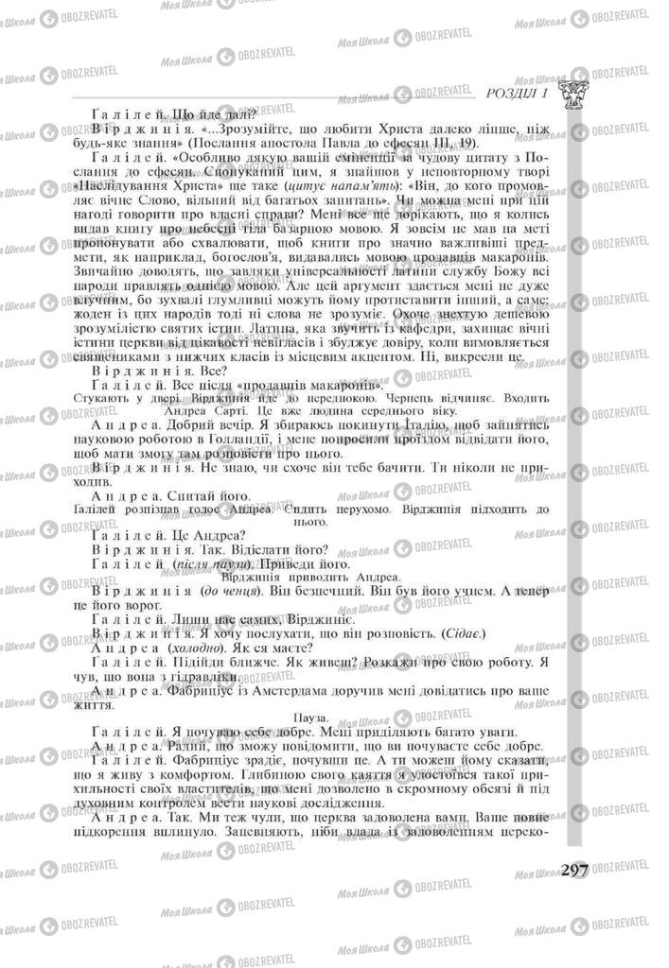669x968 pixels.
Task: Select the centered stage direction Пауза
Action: pyautogui.click(x=311, y=717)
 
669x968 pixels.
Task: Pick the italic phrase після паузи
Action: pyautogui.click(x=203, y=563)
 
